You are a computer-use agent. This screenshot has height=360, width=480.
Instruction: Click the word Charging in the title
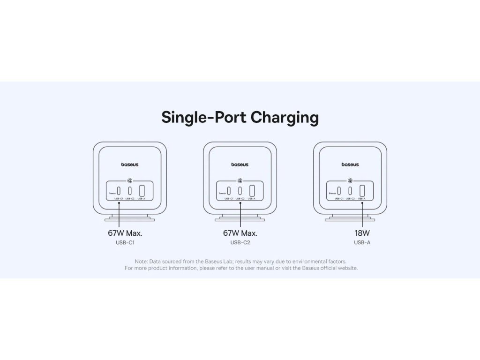(285, 118)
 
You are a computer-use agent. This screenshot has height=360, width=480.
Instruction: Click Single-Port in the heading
(204, 117)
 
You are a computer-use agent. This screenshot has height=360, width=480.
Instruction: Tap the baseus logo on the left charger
(130, 165)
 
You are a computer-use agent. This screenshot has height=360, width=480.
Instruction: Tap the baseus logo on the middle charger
(240, 165)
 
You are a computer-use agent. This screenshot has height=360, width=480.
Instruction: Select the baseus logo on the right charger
(350, 165)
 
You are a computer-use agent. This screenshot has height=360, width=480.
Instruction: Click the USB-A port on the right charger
(361, 191)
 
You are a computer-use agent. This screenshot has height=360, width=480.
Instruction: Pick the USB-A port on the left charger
(142, 191)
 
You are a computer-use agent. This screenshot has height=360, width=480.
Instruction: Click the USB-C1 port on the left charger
(119, 191)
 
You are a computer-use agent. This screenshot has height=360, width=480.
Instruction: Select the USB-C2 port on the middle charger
(240, 191)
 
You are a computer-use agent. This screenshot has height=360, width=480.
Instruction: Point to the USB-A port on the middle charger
(252, 191)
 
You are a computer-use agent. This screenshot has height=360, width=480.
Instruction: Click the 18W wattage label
(362, 233)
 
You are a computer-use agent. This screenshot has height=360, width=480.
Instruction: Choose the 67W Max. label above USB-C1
(125, 233)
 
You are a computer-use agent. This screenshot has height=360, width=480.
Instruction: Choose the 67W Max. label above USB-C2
(240, 233)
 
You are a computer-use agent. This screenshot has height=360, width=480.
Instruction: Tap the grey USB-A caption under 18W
(362, 243)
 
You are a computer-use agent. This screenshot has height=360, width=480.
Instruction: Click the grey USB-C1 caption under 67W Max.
(125, 243)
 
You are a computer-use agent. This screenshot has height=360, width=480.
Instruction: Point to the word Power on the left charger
(112, 193)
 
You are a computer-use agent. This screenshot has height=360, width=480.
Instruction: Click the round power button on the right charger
(350, 180)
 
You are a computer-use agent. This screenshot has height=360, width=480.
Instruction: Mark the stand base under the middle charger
(240, 218)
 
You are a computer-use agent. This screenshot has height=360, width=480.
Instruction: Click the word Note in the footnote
(141, 261)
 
